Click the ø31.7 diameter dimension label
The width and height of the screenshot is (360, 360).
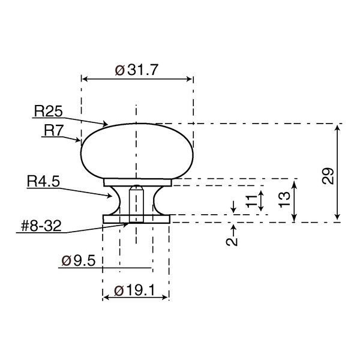(x=137, y=70)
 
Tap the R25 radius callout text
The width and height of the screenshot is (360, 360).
(x=49, y=111)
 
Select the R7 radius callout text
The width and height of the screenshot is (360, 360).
(x=53, y=130)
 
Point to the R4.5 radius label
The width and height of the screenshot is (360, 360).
(x=43, y=181)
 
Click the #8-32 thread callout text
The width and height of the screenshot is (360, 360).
(x=41, y=226)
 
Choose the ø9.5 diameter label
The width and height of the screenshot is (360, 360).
(x=78, y=261)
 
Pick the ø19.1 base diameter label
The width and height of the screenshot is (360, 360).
(x=135, y=290)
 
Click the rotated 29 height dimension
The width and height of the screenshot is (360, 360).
(x=328, y=176)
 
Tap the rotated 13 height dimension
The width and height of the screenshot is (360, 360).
(x=284, y=199)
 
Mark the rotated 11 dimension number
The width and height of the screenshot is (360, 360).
(x=251, y=201)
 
